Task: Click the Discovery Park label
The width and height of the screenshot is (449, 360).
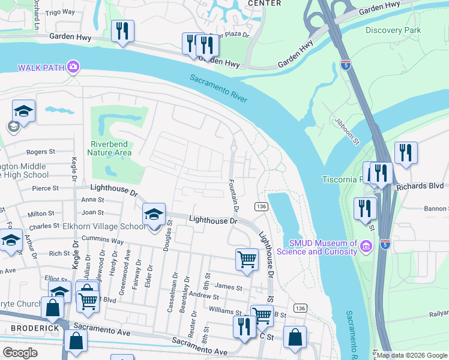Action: (x=393, y=30)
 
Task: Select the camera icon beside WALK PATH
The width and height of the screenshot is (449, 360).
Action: (x=74, y=66)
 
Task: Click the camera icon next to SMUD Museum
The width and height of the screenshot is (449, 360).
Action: (x=366, y=246)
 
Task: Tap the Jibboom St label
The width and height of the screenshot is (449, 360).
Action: (x=346, y=131)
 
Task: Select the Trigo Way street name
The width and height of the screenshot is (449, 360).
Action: (x=60, y=11)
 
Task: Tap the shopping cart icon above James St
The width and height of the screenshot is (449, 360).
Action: (x=247, y=259)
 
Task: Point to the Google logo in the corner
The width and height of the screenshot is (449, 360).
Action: (x=20, y=352)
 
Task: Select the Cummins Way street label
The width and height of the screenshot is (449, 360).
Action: (x=103, y=241)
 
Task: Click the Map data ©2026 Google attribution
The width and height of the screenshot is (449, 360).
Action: (x=412, y=355)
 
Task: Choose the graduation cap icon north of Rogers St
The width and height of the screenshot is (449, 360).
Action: (x=23, y=110)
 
